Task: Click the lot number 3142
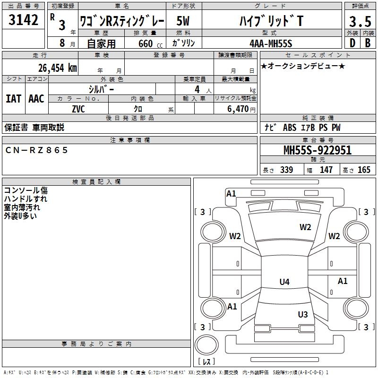click(23, 20)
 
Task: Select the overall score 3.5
click(360, 21)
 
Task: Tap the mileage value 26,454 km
click(57, 68)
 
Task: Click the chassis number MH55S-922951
click(318, 150)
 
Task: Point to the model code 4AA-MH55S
click(271, 43)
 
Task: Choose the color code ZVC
click(78, 109)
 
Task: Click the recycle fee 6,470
click(238, 109)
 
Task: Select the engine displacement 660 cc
click(150, 43)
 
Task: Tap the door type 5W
click(183, 21)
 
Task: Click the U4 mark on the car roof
click(284, 282)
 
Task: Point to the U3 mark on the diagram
click(303, 314)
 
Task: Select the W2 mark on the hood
click(305, 227)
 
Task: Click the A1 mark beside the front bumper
click(231, 194)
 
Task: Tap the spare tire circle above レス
click(206, 344)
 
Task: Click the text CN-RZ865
click(36, 150)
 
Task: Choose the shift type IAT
click(14, 99)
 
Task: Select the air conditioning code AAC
click(36, 99)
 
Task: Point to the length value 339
click(286, 170)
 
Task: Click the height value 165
click(364, 170)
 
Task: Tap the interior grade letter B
click(368, 43)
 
